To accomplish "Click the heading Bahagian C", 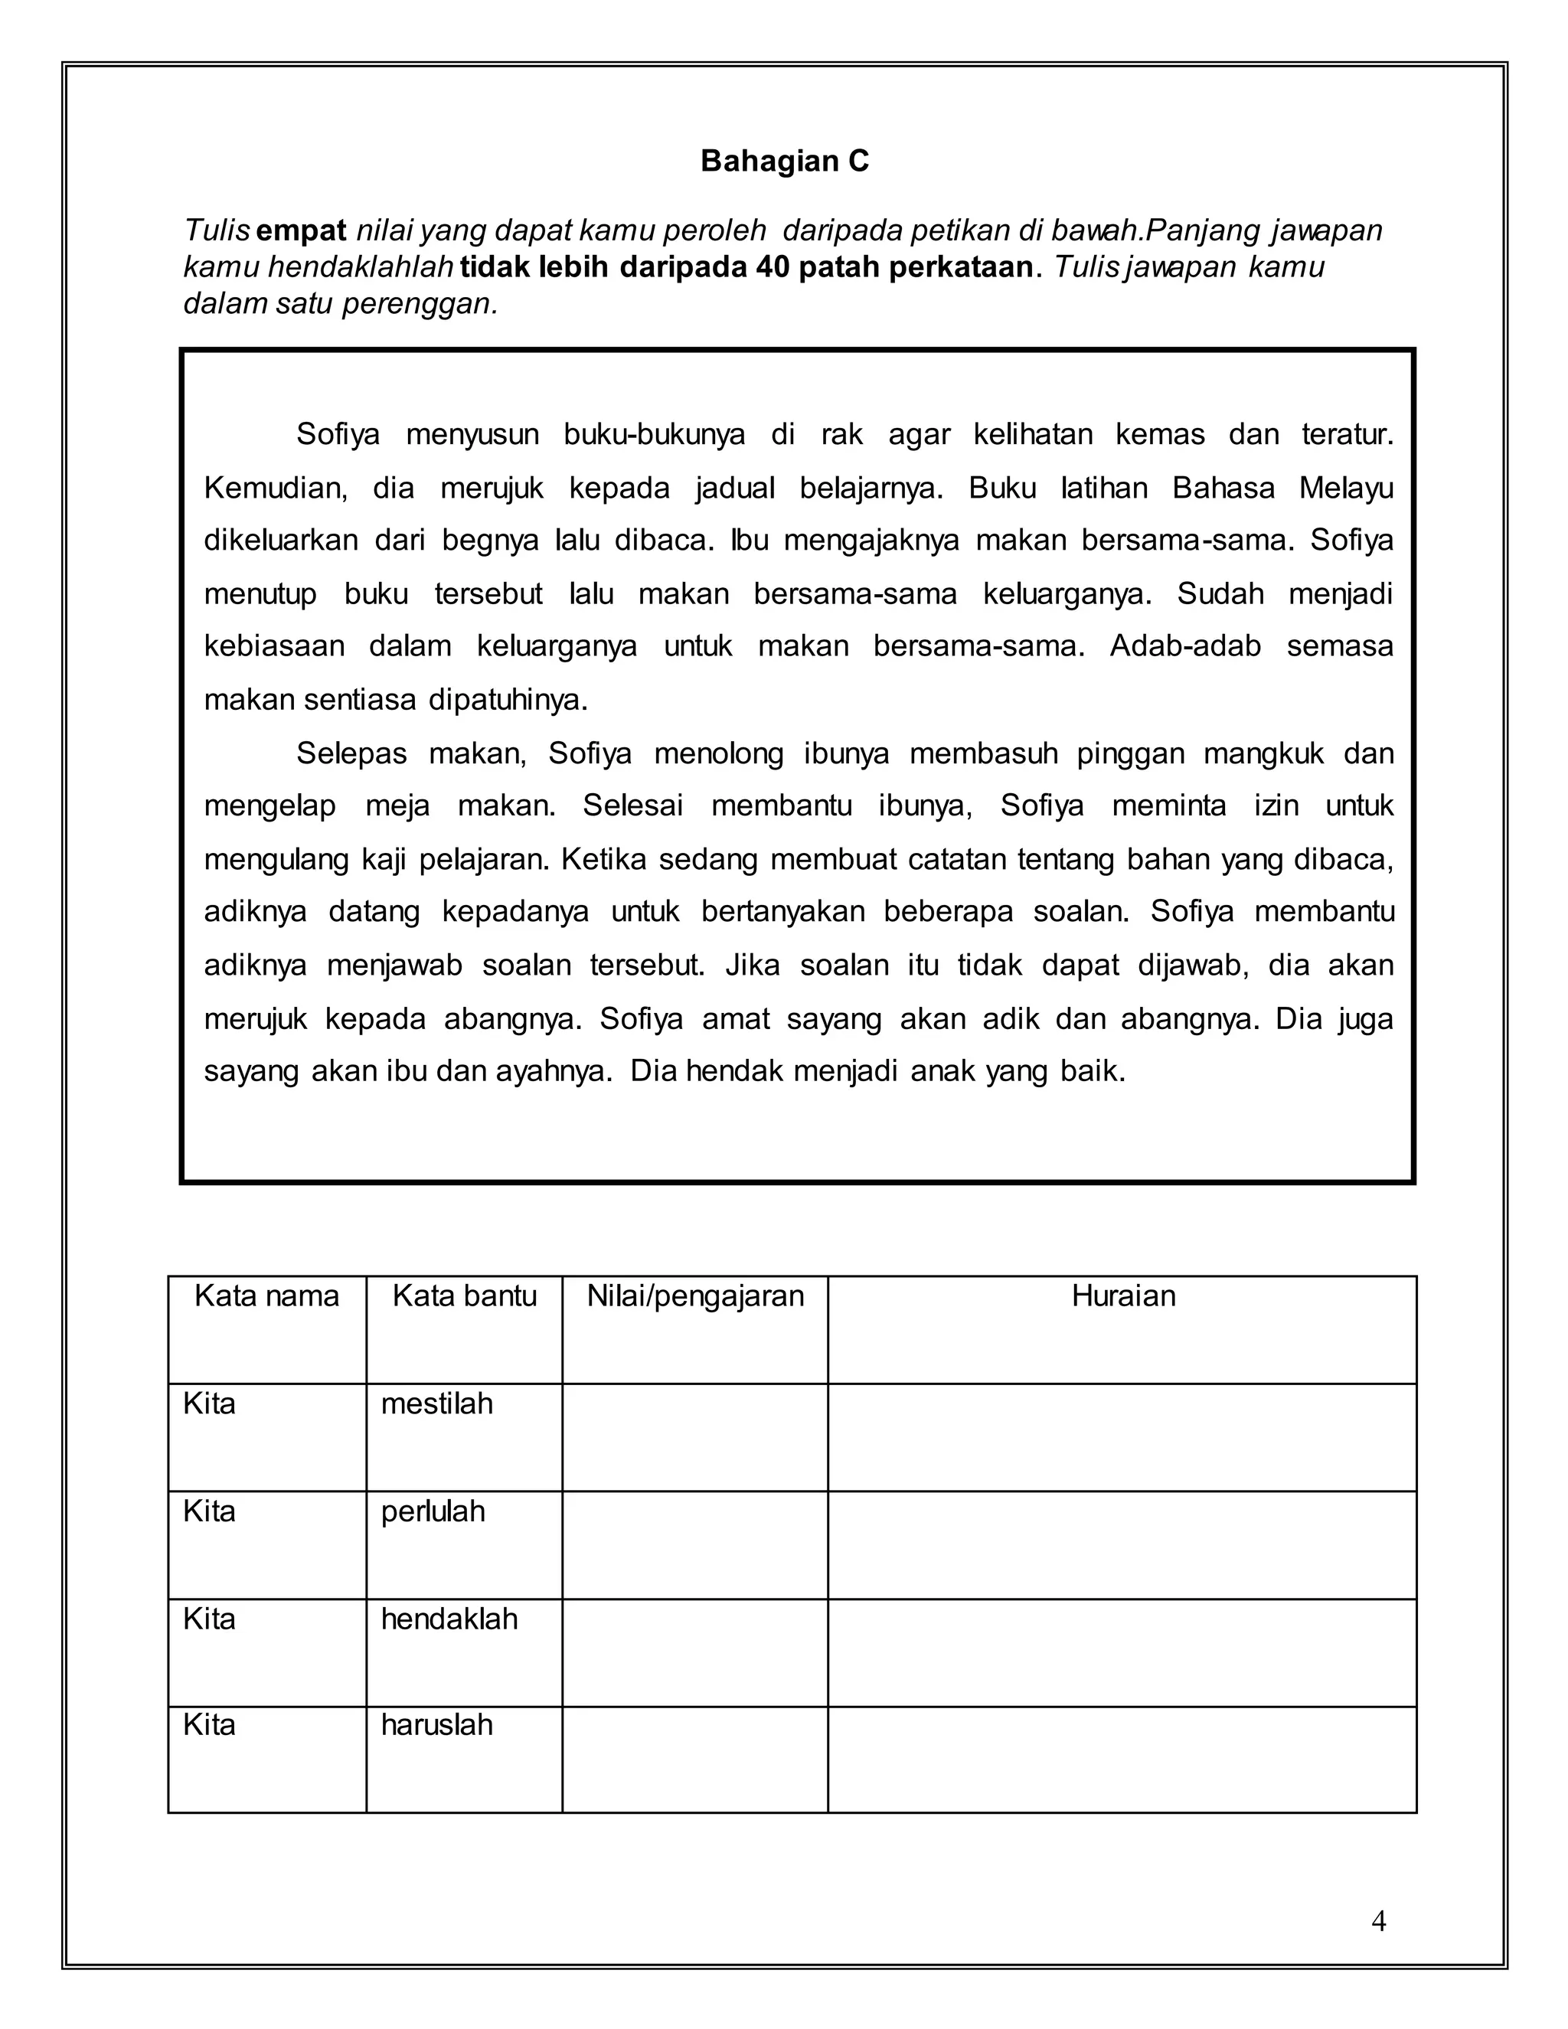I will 784,162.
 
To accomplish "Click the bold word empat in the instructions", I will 301,230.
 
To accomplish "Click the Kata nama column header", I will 266,1296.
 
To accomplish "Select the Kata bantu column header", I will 465,1296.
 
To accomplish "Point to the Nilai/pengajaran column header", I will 695,1296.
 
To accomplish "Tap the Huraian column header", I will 1122,1296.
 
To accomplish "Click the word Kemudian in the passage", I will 275,488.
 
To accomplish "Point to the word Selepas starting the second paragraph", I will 351,753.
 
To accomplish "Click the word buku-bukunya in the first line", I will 654,435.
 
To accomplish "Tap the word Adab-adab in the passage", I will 1184,647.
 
